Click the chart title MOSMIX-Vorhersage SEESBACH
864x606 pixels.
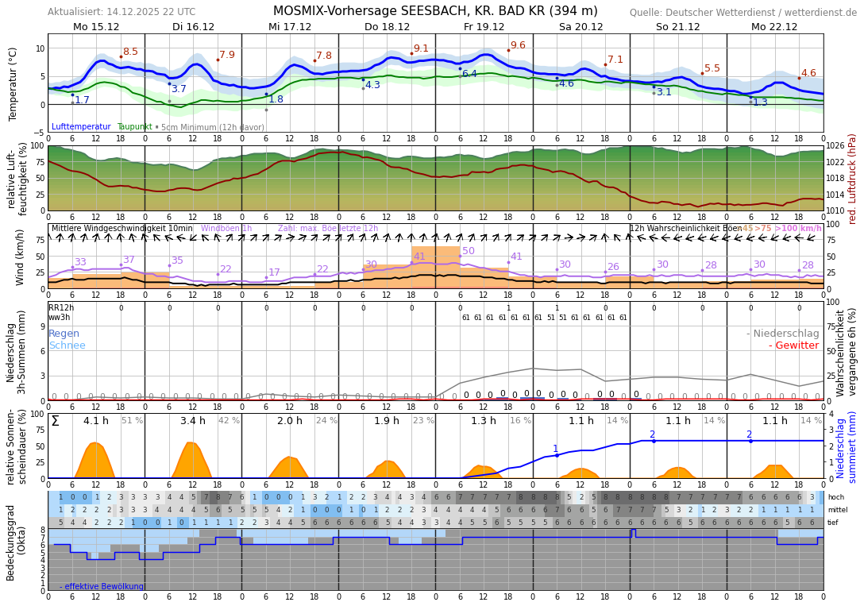tap(435, 11)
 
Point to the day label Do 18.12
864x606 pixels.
tap(387, 26)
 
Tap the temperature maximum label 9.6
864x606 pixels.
tap(518, 45)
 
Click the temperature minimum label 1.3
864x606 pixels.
tap(760, 102)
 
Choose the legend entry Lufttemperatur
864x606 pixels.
tap(81, 127)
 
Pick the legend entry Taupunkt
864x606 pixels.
tap(134, 127)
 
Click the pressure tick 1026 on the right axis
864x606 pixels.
tap(835, 146)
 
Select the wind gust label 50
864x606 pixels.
tap(469, 251)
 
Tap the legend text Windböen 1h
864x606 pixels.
tap(226, 229)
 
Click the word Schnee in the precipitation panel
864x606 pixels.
tap(67, 345)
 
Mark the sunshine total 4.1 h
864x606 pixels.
tap(96, 421)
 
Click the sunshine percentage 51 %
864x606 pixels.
tap(132, 421)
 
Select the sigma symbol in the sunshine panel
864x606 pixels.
tap(55, 421)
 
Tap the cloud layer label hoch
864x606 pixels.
tap(835, 497)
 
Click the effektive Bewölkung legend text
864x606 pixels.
tap(103, 586)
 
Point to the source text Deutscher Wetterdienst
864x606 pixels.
tap(743, 13)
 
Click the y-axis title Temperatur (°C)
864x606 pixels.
tap(13, 83)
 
